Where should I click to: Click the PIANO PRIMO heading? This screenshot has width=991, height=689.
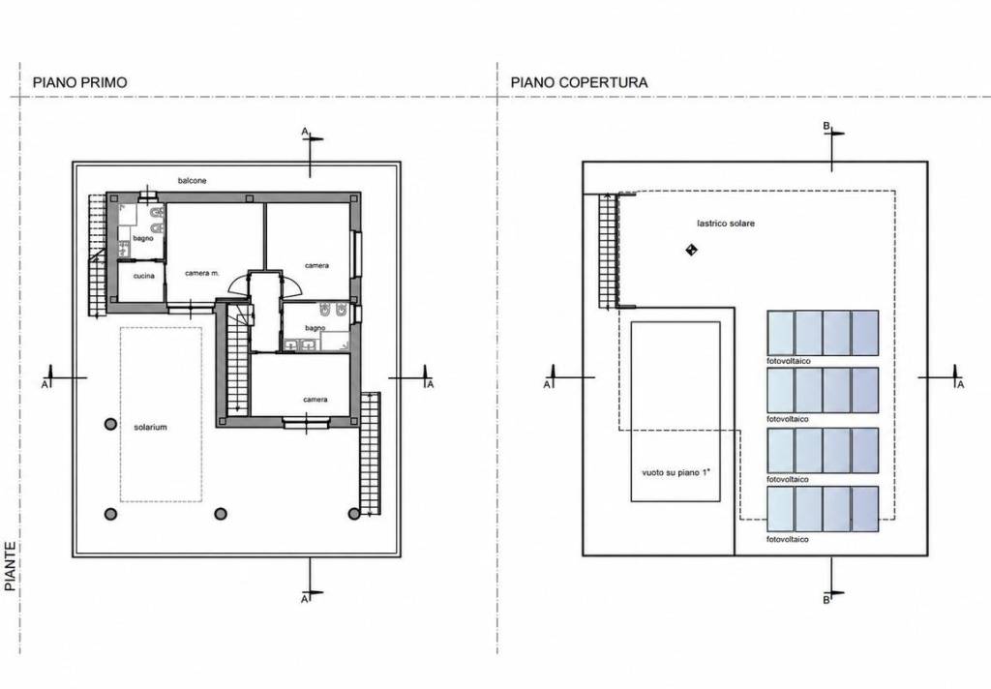point(79,82)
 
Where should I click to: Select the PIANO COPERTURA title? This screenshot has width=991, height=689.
point(579,82)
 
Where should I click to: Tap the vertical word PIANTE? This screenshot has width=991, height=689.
point(10,566)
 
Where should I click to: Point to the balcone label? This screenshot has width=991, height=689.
point(193,181)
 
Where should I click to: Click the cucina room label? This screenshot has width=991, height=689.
point(143,276)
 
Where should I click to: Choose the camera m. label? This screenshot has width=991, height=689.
point(202,273)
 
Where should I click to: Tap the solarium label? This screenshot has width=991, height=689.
point(150,428)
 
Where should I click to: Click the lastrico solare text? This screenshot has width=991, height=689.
point(726,224)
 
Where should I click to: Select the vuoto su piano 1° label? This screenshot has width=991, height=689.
point(676,472)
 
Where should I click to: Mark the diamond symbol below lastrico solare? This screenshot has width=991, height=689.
point(691,250)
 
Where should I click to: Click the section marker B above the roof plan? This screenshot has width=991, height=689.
point(826,126)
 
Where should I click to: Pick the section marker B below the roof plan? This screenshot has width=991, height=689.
point(826,600)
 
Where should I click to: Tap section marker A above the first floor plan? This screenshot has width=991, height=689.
point(305,132)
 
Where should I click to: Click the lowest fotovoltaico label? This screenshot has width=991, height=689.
point(788,539)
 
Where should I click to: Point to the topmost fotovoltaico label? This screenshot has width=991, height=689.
point(789,361)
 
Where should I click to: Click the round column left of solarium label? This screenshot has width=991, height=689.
point(110,424)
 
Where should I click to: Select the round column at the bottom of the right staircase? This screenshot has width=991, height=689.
point(354,513)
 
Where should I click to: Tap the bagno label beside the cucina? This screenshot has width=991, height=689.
point(143,238)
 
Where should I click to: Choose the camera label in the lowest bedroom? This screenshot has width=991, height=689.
point(315,400)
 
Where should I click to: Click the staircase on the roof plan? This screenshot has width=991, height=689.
point(608,252)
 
